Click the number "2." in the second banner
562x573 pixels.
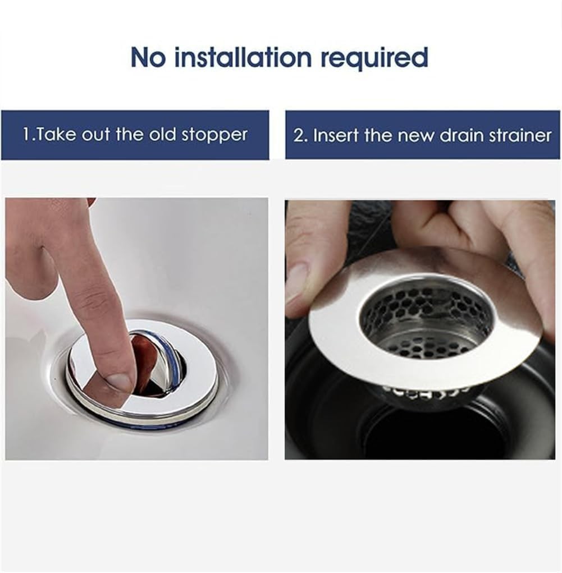pos(301,136)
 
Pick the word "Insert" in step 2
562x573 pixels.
pos(336,136)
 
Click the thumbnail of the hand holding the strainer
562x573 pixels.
pos(296,281)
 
